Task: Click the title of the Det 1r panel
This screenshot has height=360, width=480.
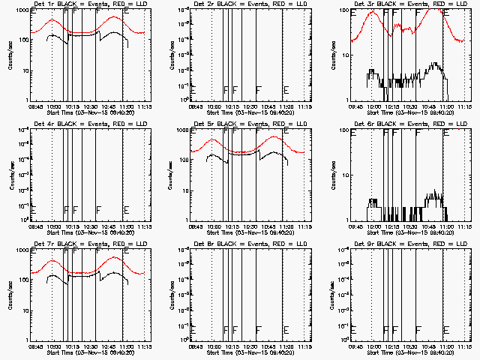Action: [84, 4]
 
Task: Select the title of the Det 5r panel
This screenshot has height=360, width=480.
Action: [244, 123]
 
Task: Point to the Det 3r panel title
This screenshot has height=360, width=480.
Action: [404, 4]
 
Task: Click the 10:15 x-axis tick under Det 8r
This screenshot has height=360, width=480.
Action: [232, 348]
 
